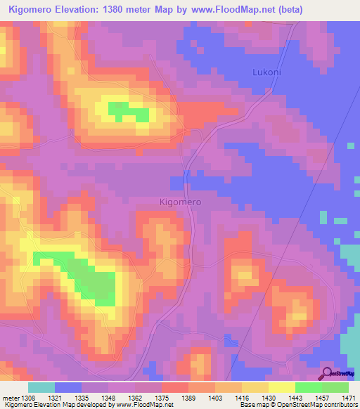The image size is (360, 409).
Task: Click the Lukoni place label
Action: tap(267, 72)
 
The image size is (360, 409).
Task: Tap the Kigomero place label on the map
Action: tap(181, 202)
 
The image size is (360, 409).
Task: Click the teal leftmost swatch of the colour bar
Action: tap(41, 387)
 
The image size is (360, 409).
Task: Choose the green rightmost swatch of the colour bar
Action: tap(335, 387)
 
